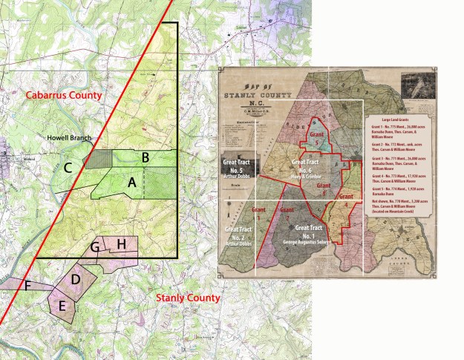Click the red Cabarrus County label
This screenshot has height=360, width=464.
[62, 96]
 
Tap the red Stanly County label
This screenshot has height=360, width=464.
[188, 298]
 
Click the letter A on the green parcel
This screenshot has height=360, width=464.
[132, 180]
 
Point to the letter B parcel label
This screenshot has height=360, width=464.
[146, 157]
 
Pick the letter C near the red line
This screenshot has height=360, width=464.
[67, 167]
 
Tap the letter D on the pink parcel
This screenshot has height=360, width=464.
[76, 278]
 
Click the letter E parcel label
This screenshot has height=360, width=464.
[62, 305]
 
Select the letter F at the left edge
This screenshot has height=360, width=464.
[27, 285]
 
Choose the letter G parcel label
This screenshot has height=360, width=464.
[95, 246]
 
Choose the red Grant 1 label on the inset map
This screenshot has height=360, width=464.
[259, 212]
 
